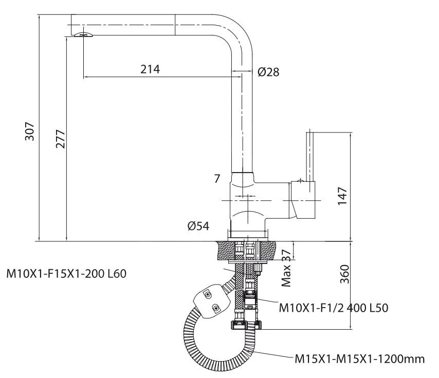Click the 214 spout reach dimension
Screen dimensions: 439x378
[x=150, y=69]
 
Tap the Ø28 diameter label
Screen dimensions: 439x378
[x=268, y=72]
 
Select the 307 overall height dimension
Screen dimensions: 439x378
[x=30, y=131]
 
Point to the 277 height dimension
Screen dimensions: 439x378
[x=61, y=139]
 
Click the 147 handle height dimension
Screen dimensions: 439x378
[x=342, y=196]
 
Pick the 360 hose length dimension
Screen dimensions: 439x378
[x=344, y=274]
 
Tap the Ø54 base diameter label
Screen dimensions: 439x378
[x=198, y=226]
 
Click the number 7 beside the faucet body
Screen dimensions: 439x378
[x=217, y=179]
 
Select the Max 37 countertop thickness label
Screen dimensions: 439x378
[x=286, y=268]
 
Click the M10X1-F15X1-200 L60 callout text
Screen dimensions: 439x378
[x=66, y=273]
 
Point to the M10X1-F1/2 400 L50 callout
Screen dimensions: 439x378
[x=334, y=308]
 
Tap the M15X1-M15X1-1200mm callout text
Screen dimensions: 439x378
[x=360, y=358]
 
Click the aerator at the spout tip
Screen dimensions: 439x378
[x=83, y=34]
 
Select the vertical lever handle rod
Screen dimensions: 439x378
[x=309, y=157]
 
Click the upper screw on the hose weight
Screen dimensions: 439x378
[x=207, y=294]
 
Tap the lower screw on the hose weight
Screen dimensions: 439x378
[x=216, y=308]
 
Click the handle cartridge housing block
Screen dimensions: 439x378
[x=302, y=200]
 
